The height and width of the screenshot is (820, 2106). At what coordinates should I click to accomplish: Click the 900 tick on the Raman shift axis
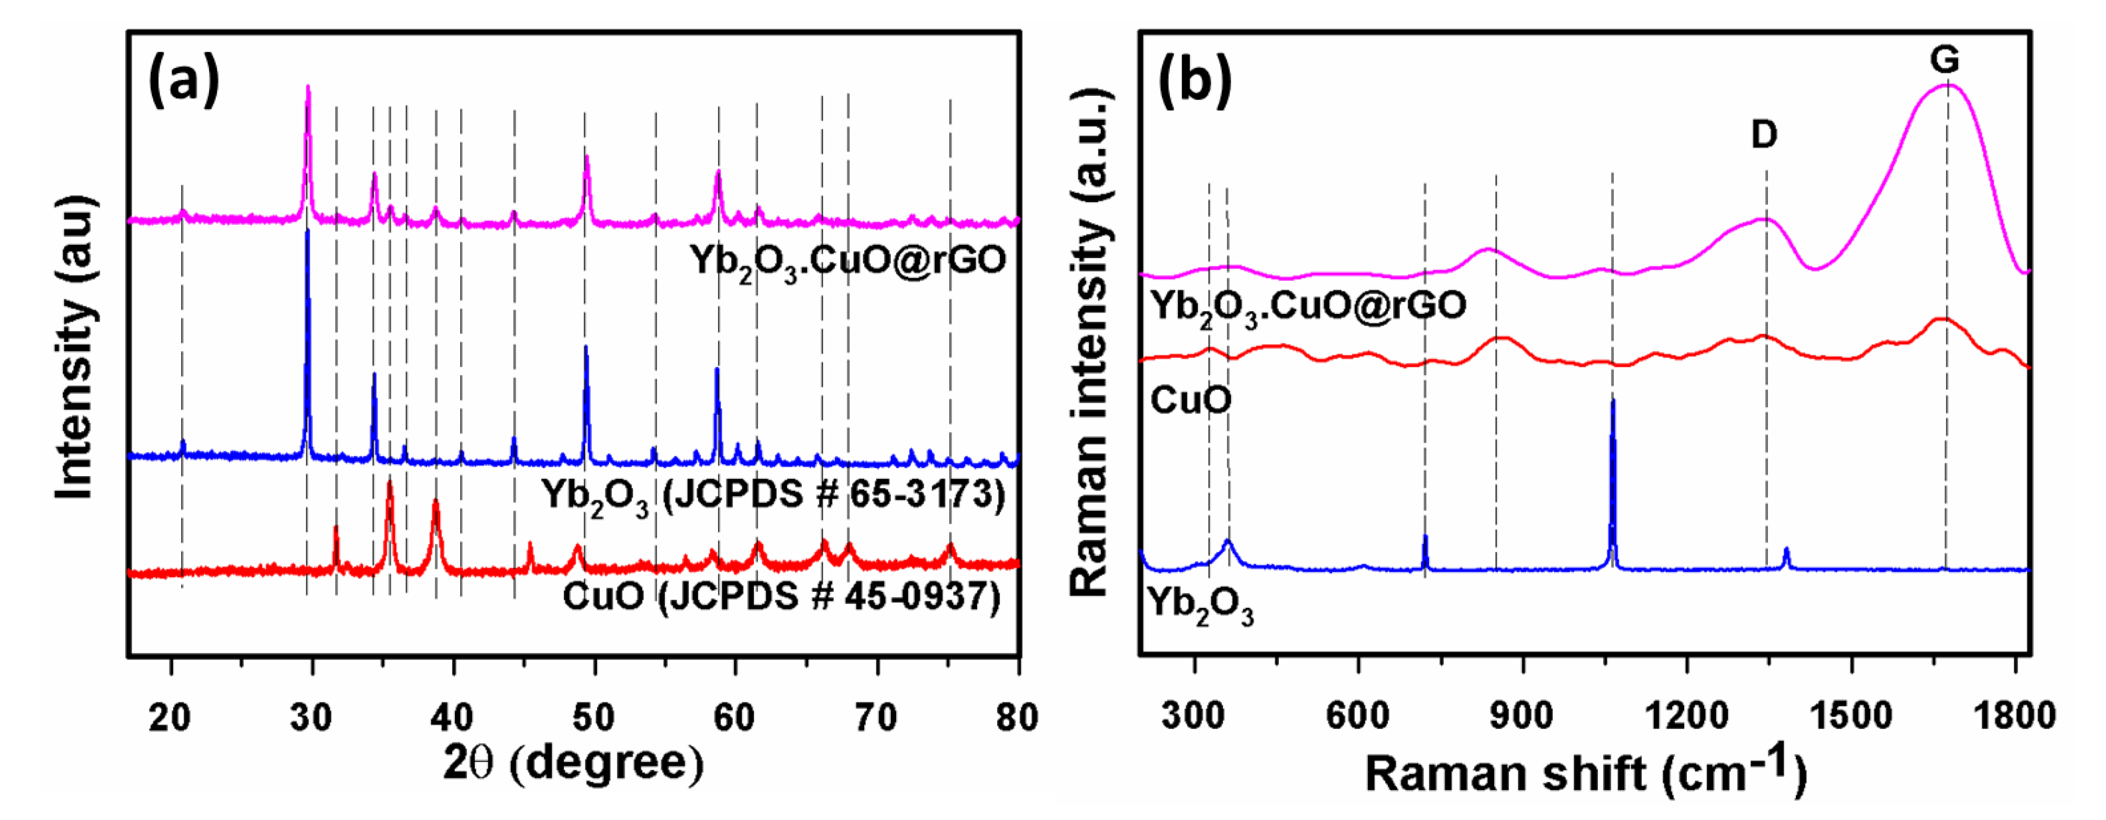(x=1522, y=716)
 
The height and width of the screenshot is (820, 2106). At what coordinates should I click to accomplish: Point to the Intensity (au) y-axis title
(x=75, y=348)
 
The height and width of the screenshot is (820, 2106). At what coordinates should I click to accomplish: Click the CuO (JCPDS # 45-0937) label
(x=781, y=596)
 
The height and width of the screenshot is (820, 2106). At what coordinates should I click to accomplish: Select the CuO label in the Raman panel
(x=1189, y=401)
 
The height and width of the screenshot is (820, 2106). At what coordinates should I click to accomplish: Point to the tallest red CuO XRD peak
(x=389, y=484)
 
